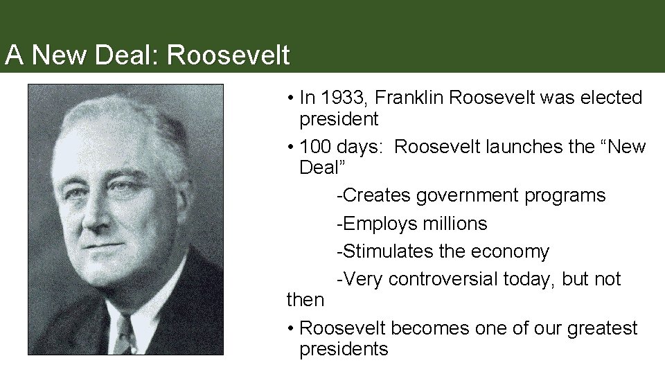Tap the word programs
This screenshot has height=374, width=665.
pyautogui.click(x=565, y=196)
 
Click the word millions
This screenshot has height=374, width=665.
pyautogui.click(x=454, y=224)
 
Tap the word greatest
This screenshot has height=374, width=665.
pyautogui.click(x=603, y=328)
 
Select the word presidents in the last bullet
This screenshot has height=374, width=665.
pyautogui.click(x=344, y=348)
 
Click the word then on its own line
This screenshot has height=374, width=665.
pyautogui.click(x=305, y=300)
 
